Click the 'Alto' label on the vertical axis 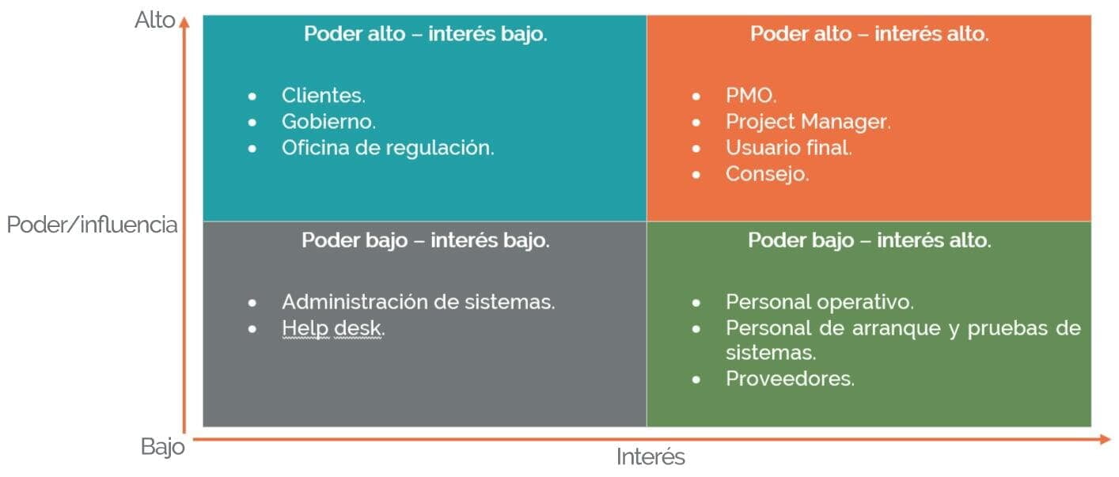click(x=155, y=21)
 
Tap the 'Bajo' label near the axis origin click(x=163, y=447)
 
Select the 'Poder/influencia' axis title click(x=93, y=225)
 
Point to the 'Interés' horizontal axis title click(x=651, y=457)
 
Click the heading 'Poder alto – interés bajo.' click(x=426, y=35)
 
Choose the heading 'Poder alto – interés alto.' click(x=869, y=35)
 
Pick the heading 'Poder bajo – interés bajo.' click(x=426, y=240)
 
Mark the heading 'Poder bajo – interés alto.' click(x=869, y=240)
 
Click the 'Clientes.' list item click(x=323, y=96)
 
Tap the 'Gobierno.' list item click(x=328, y=122)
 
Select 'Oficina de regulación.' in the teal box click(x=388, y=148)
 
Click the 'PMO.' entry click(x=751, y=96)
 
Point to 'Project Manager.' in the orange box click(x=808, y=122)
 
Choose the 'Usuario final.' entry click(x=788, y=148)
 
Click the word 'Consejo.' click(x=767, y=174)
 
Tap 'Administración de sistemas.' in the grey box click(x=418, y=302)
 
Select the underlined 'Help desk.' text click(x=333, y=328)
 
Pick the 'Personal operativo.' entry click(x=819, y=302)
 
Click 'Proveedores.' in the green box click(x=790, y=379)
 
